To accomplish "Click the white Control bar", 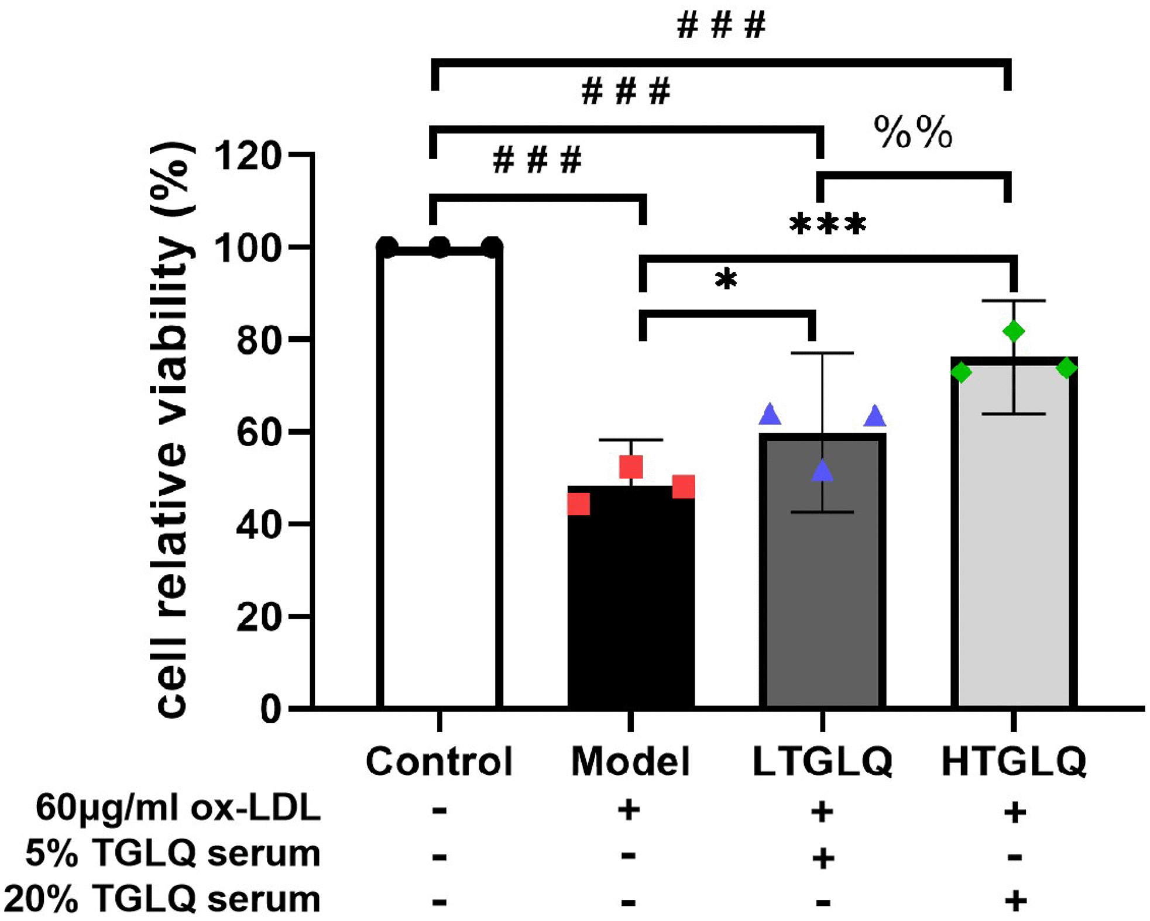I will [x=439, y=480].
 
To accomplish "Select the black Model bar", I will [x=631, y=602].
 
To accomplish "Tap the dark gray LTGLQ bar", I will [x=822, y=585].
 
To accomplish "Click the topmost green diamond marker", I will [x=1014, y=332].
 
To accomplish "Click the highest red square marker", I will [x=631, y=467].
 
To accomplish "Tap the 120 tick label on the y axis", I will [x=248, y=156].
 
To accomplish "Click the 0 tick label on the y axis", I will [x=271, y=709].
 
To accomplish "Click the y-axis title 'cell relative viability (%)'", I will [x=173, y=430].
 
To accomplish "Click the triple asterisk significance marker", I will [x=828, y=225].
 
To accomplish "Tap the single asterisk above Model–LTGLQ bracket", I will [x=726, y=280].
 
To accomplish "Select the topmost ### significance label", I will [x=721, y=26].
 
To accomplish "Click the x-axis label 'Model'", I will [x=630, y=761].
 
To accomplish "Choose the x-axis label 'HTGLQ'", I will [x=1014, y=761].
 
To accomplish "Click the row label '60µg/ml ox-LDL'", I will [x=178, y=808].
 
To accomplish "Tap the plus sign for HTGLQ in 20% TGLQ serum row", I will [x=1015, y=901].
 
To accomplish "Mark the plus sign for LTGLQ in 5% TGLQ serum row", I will [x=823, y=858].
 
